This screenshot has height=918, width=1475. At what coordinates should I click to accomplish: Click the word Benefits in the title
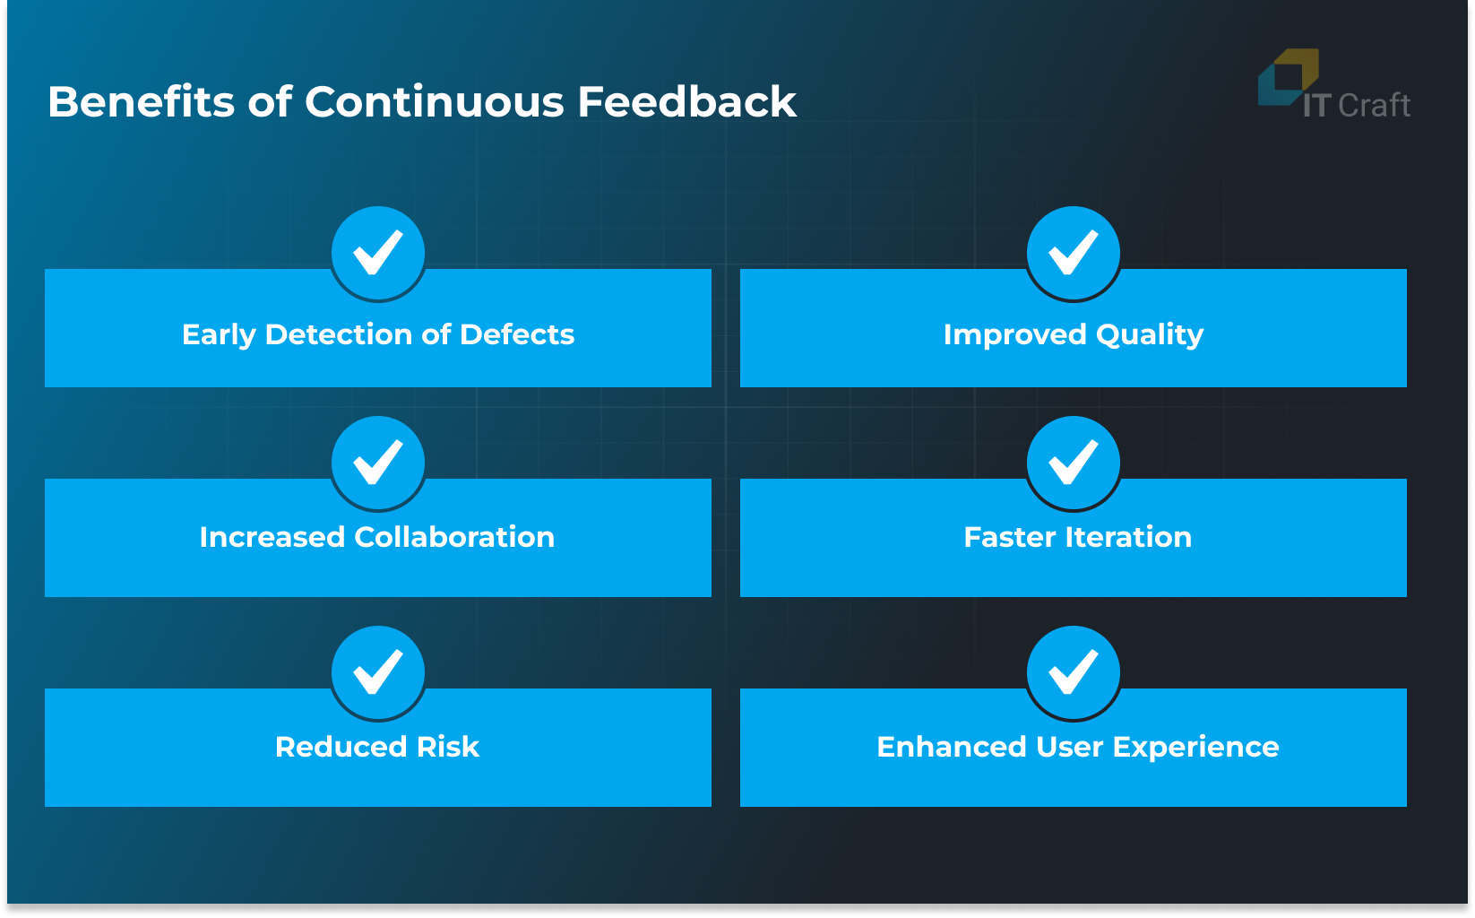[x=141, y=102]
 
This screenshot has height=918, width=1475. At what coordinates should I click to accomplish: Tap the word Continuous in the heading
[x=434, y=102]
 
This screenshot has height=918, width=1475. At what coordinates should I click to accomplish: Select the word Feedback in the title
[x=686, y=102]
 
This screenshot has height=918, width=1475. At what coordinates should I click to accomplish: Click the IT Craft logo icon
[x=1288, y=76]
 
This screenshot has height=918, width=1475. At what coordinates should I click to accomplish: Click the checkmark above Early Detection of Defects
[x=378, y=253]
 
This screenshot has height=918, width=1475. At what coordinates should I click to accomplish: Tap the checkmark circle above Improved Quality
[x=1074, y=253]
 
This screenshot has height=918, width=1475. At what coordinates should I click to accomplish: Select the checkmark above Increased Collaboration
[x=378, y=463]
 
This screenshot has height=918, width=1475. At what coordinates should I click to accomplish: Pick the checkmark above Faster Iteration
[x=1074, y=463]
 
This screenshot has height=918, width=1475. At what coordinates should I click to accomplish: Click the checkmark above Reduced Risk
[x=378, y=672]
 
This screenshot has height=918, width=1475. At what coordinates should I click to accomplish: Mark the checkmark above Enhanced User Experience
[x=1074, y=672]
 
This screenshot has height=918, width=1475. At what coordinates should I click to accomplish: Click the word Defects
[x=517, y=334]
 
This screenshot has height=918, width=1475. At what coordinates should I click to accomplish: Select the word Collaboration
[x=454, y=537]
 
